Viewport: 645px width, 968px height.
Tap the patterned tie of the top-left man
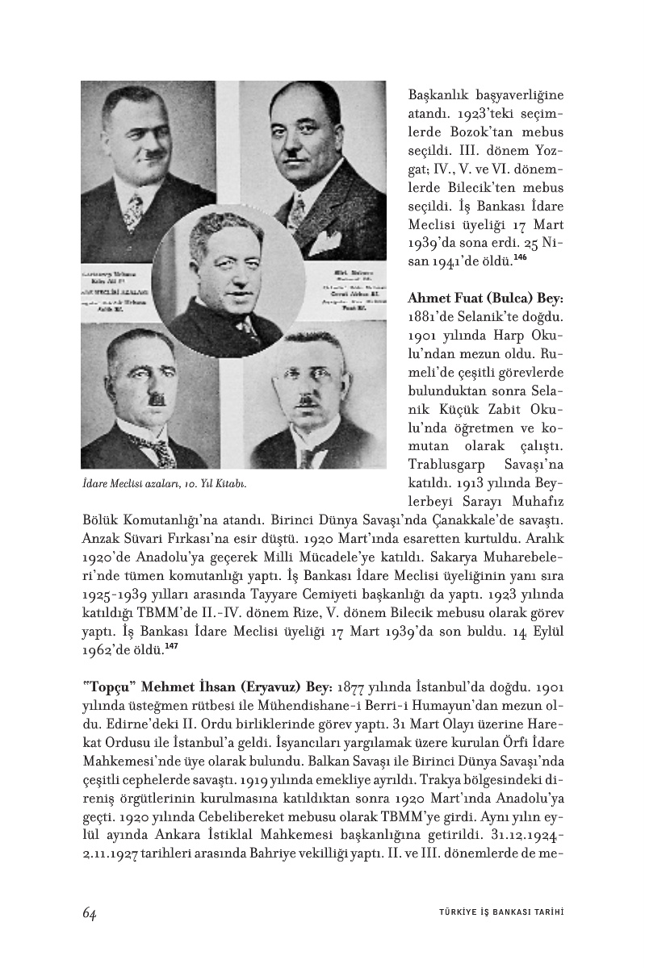click(133, 211)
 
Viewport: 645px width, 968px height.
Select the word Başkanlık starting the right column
click(438, 94)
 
